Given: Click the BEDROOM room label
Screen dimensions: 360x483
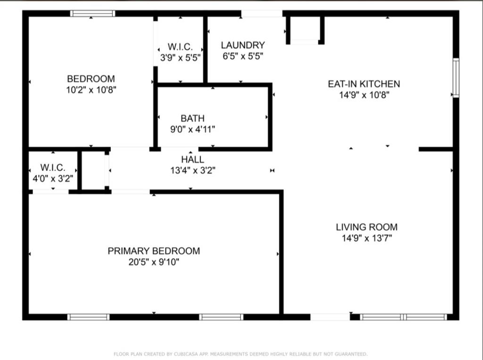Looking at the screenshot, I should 91,79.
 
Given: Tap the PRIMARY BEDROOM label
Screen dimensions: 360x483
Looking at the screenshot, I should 154,251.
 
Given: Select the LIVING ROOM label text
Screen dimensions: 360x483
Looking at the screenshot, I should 366,227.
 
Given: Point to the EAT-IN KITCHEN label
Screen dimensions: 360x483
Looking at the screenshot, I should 364,84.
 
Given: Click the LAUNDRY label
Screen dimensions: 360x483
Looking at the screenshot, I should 243,45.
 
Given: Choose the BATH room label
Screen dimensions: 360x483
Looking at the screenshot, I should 192,118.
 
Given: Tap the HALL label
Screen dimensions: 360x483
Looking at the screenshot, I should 192,160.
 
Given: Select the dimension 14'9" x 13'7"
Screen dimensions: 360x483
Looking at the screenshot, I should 366,238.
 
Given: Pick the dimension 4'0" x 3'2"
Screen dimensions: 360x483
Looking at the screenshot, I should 52,179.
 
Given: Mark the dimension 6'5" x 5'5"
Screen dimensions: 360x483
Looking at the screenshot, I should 243,57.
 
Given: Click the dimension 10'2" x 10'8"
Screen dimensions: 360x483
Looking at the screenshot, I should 91,90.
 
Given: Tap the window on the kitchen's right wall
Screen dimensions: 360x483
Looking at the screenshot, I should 456,78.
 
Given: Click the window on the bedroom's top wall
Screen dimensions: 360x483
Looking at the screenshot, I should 92,14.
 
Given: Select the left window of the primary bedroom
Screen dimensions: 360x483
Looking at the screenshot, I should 88,317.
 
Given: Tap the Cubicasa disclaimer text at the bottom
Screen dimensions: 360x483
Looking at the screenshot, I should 241,354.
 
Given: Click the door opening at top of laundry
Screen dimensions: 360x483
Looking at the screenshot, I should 262,14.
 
